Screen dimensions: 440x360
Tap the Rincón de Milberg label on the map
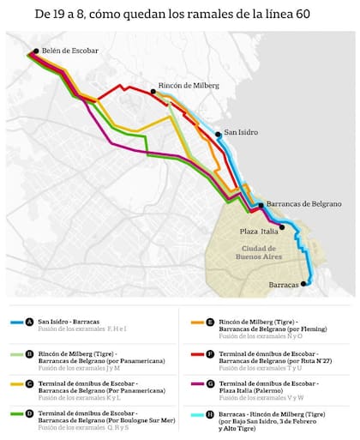[189, 85]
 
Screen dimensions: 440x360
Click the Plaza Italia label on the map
[258, 231]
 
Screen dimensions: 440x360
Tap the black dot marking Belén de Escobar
[36, 51]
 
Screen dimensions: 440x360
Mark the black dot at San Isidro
[218, 134]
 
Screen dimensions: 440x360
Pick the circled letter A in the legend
[30, 322]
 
